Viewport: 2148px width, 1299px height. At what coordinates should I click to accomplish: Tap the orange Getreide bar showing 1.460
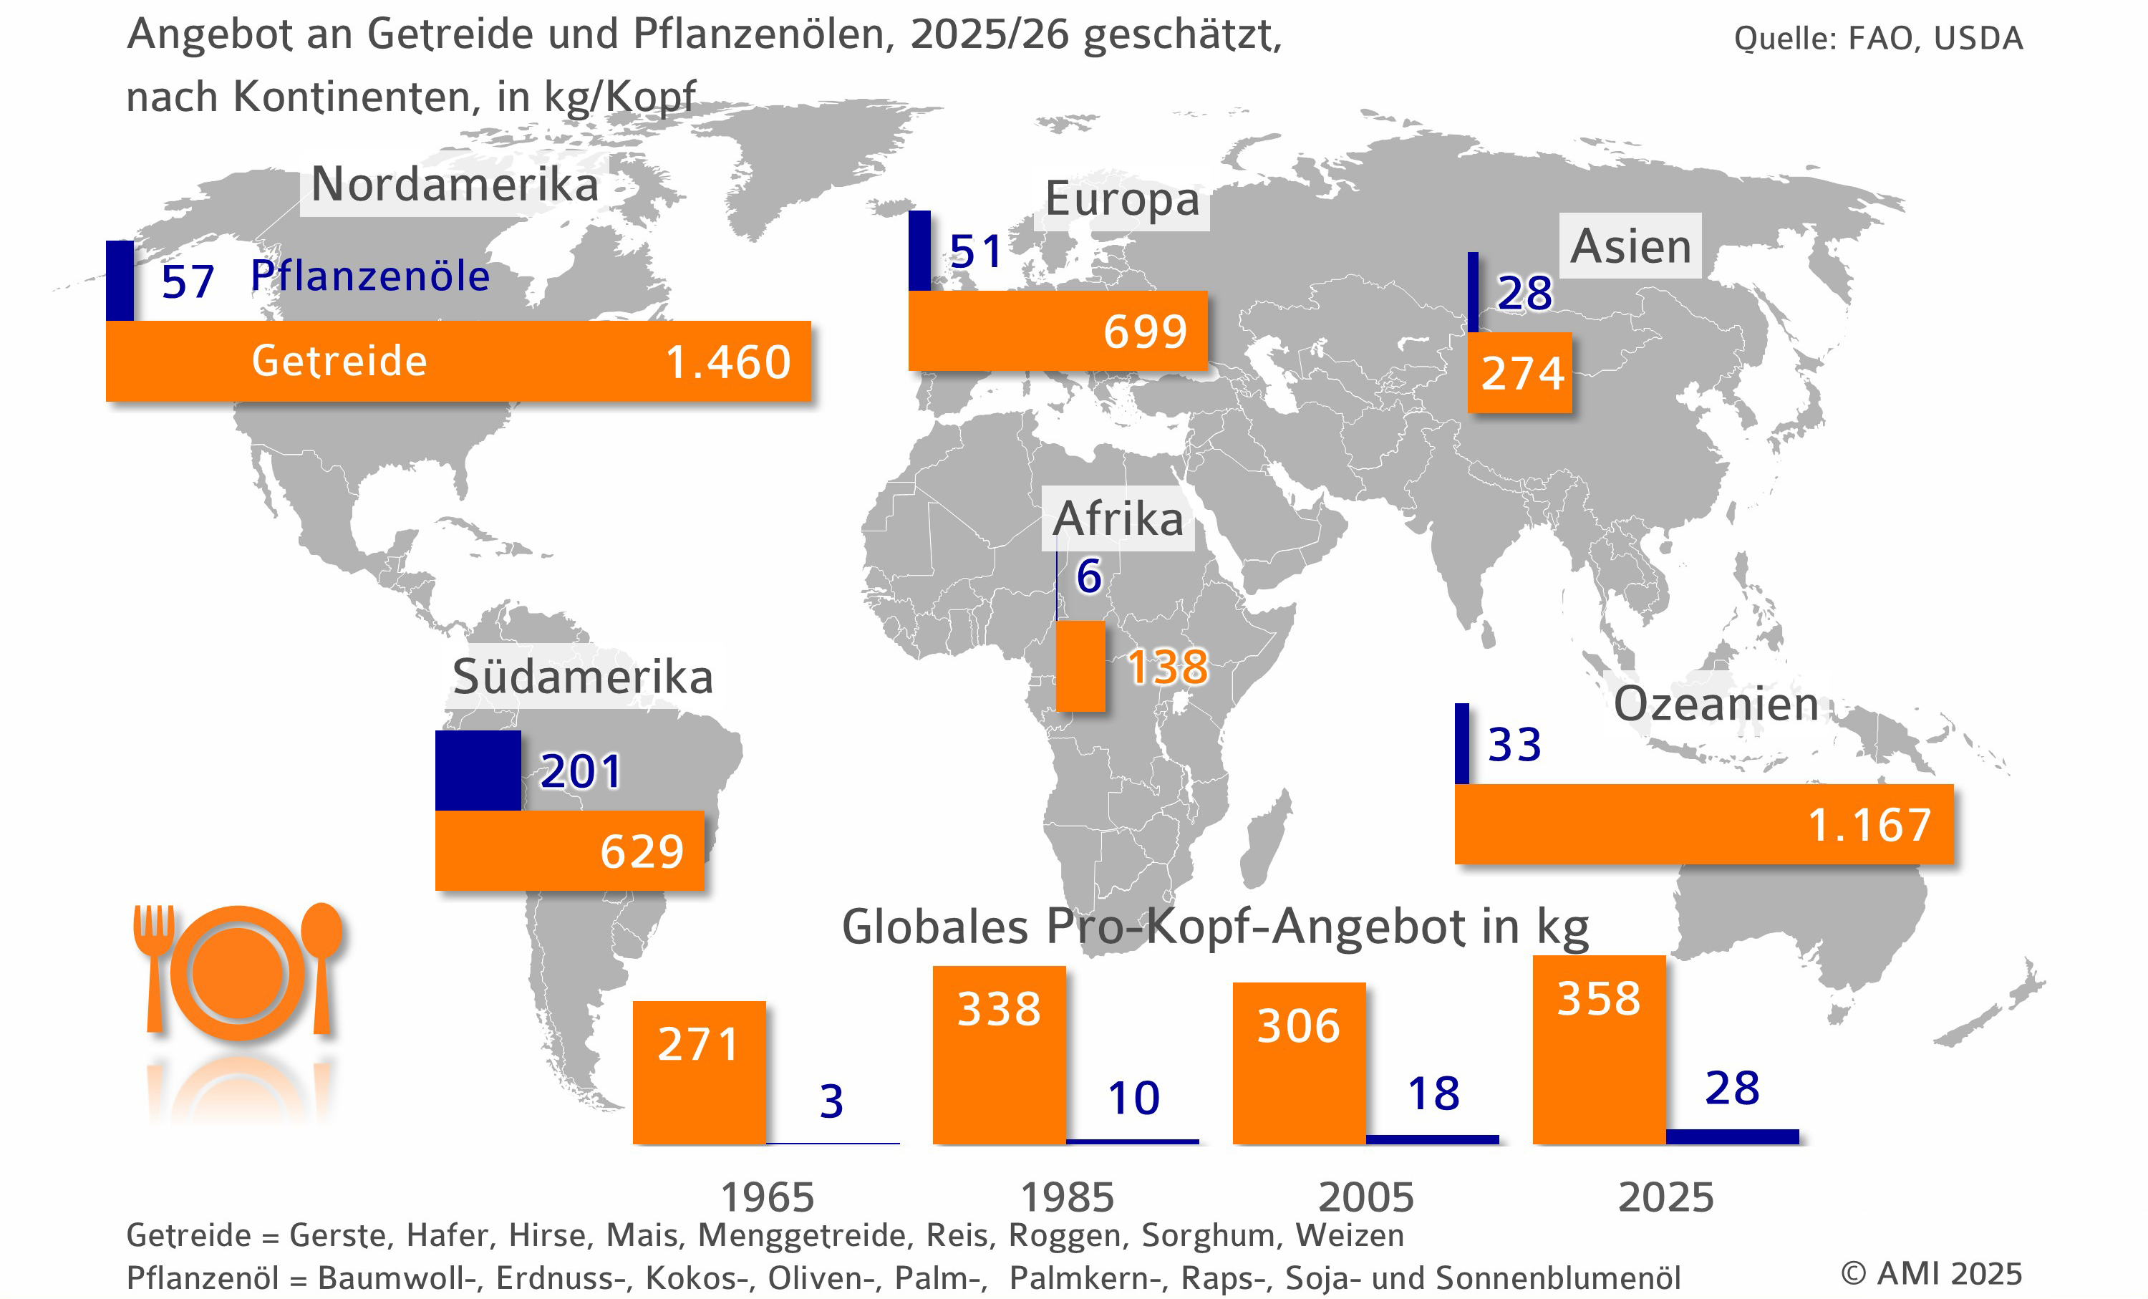coord(458,361)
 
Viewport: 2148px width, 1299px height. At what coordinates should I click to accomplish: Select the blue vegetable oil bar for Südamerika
coord(478,771)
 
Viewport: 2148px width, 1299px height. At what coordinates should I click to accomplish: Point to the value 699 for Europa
coord(1145,332)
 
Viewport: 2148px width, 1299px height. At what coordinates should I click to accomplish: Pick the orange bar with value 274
coord(1519,373)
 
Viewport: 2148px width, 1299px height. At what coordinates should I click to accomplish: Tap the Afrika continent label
coord(1118,518)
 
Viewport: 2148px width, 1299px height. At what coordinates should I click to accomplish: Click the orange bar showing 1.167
coord(1703,824)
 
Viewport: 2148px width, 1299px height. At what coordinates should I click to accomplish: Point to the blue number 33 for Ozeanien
coord(1514,745)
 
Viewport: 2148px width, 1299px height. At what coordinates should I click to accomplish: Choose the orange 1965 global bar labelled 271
coord(698,1072)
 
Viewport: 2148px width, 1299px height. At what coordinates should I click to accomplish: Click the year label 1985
coord(1066,1197)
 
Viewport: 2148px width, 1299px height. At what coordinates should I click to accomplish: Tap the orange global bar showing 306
coord(1298,1063)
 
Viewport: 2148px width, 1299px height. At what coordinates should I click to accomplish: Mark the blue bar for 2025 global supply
coord(1731,1136)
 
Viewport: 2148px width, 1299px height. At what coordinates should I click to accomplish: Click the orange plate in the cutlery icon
coord(238,973)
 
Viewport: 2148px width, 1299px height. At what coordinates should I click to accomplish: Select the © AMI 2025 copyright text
coord(1930,1274)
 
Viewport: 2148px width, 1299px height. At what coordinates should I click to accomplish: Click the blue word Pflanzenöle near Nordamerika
coord(369,276)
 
